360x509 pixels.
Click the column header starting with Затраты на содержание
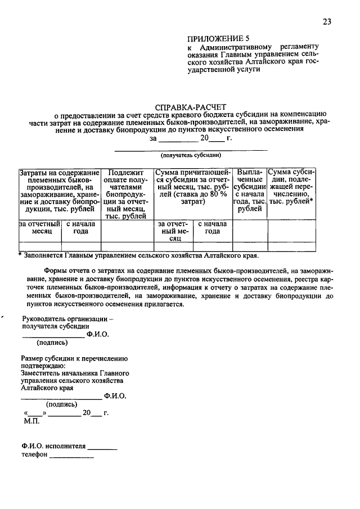click(59, 191)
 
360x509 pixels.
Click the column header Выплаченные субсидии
click(250, 190)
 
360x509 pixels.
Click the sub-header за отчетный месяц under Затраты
click(39, 227)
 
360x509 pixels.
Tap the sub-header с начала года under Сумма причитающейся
click(212, 227)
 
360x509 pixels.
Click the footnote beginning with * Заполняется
click(138, 255)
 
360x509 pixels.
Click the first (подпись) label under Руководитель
click(52, 342)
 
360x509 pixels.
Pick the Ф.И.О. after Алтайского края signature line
click(115, 395)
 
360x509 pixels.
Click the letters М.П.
click(31, 420)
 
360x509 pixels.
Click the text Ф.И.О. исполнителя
click(54, 447)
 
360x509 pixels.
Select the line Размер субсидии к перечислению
click(75, 358)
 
